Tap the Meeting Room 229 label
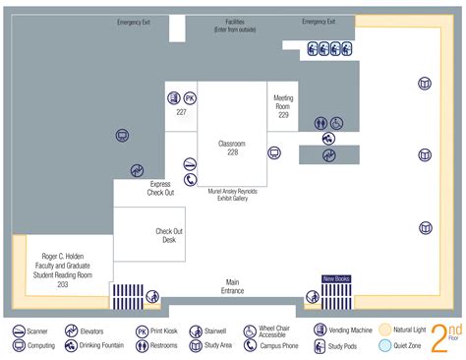(x=283, y=107)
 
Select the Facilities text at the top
(x=233, y=26)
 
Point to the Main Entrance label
(x=233, y=285)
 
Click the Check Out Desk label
(x=169, y=235)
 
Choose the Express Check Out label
(x=160, y=188)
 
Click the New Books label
(x=336, y=279)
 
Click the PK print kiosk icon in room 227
(x=190, y=98)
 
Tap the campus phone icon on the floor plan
(x=189, y=180)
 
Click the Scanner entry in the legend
(x=20, y=331)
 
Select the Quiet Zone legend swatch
(x=387, y=346)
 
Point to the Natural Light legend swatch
(x=387, y=331)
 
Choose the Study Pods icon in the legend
(x=320, y=347)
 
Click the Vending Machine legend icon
(x=320, y=331)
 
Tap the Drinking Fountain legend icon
(x=72, y=347)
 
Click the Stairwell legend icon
(x=197, y=331)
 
